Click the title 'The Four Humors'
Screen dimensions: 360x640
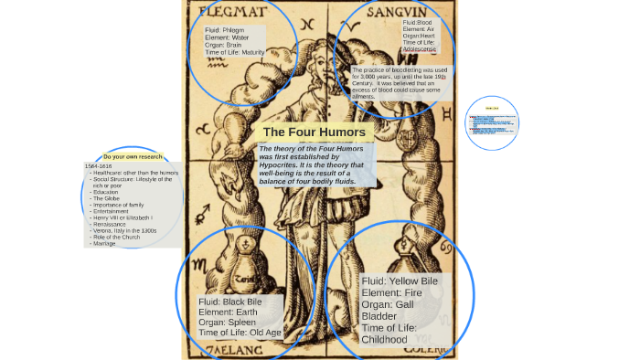pyautogui.click(x=314, y=132)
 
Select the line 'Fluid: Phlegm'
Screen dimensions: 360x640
pyautogui.click(x=227, y=30)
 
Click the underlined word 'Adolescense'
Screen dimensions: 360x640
pyautogui.click(x=420, y=49)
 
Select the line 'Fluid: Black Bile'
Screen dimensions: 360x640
pyautogui.click(x=230, y=302)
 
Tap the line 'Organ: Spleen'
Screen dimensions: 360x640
pyautogui.click(x=226, y=323)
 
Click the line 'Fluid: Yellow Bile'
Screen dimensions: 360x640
pyautogui.click(x=400, y=281)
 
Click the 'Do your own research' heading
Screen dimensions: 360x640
pyautogui.click(x=133, y=156)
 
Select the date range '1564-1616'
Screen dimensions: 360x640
pyautogui.click(x=99, y=165)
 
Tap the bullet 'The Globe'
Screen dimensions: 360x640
pyautogui.click(x=107, y=198)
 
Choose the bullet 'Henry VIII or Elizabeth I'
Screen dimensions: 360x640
pyautogui.click(x=123, y=217)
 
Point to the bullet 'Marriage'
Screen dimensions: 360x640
pyautogui.click(x=105, y=244)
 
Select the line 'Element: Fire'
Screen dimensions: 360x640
pyautogui.click(x=393, y=293)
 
